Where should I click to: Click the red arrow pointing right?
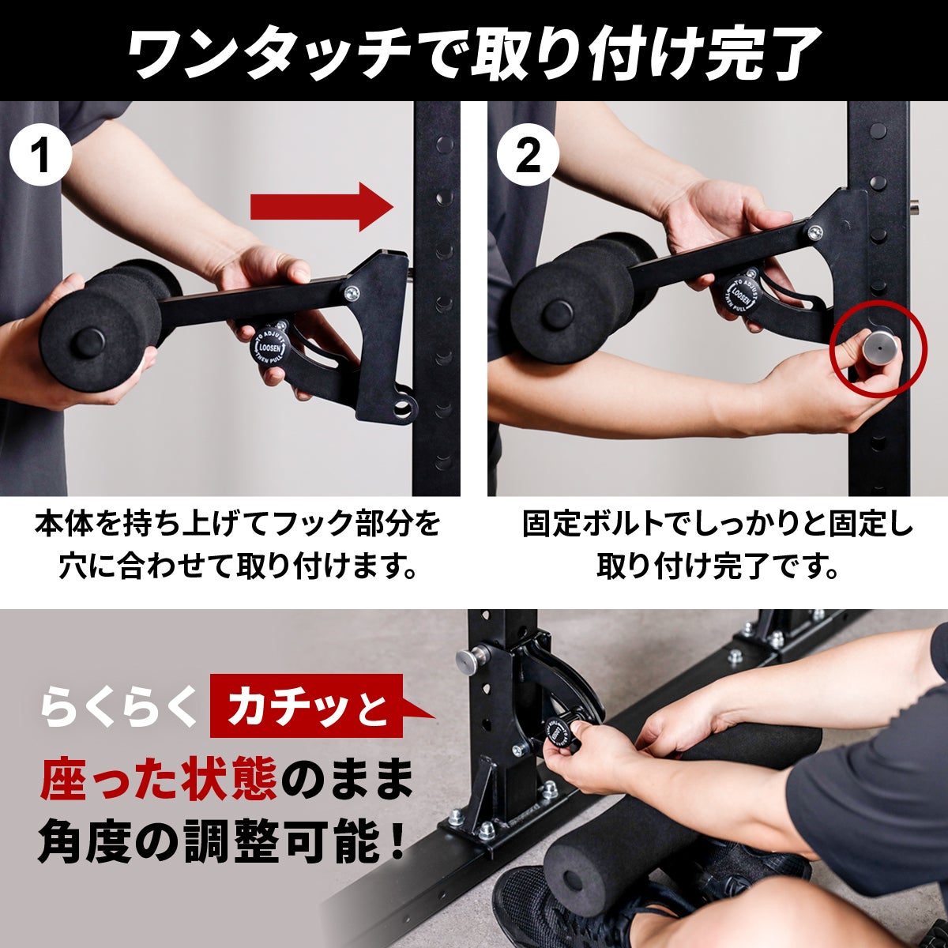(x=322, y=207)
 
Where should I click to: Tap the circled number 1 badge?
(x=41, y=155)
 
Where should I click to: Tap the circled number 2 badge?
(x=528, y=155)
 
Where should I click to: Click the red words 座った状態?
(x=159, y=778)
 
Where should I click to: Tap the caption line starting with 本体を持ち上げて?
(x=237, y=525)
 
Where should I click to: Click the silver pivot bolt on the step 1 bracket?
(x=352, y=293)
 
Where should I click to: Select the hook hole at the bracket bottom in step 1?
(x=404, y=405)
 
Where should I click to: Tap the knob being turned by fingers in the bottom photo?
(x=560, y=733)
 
